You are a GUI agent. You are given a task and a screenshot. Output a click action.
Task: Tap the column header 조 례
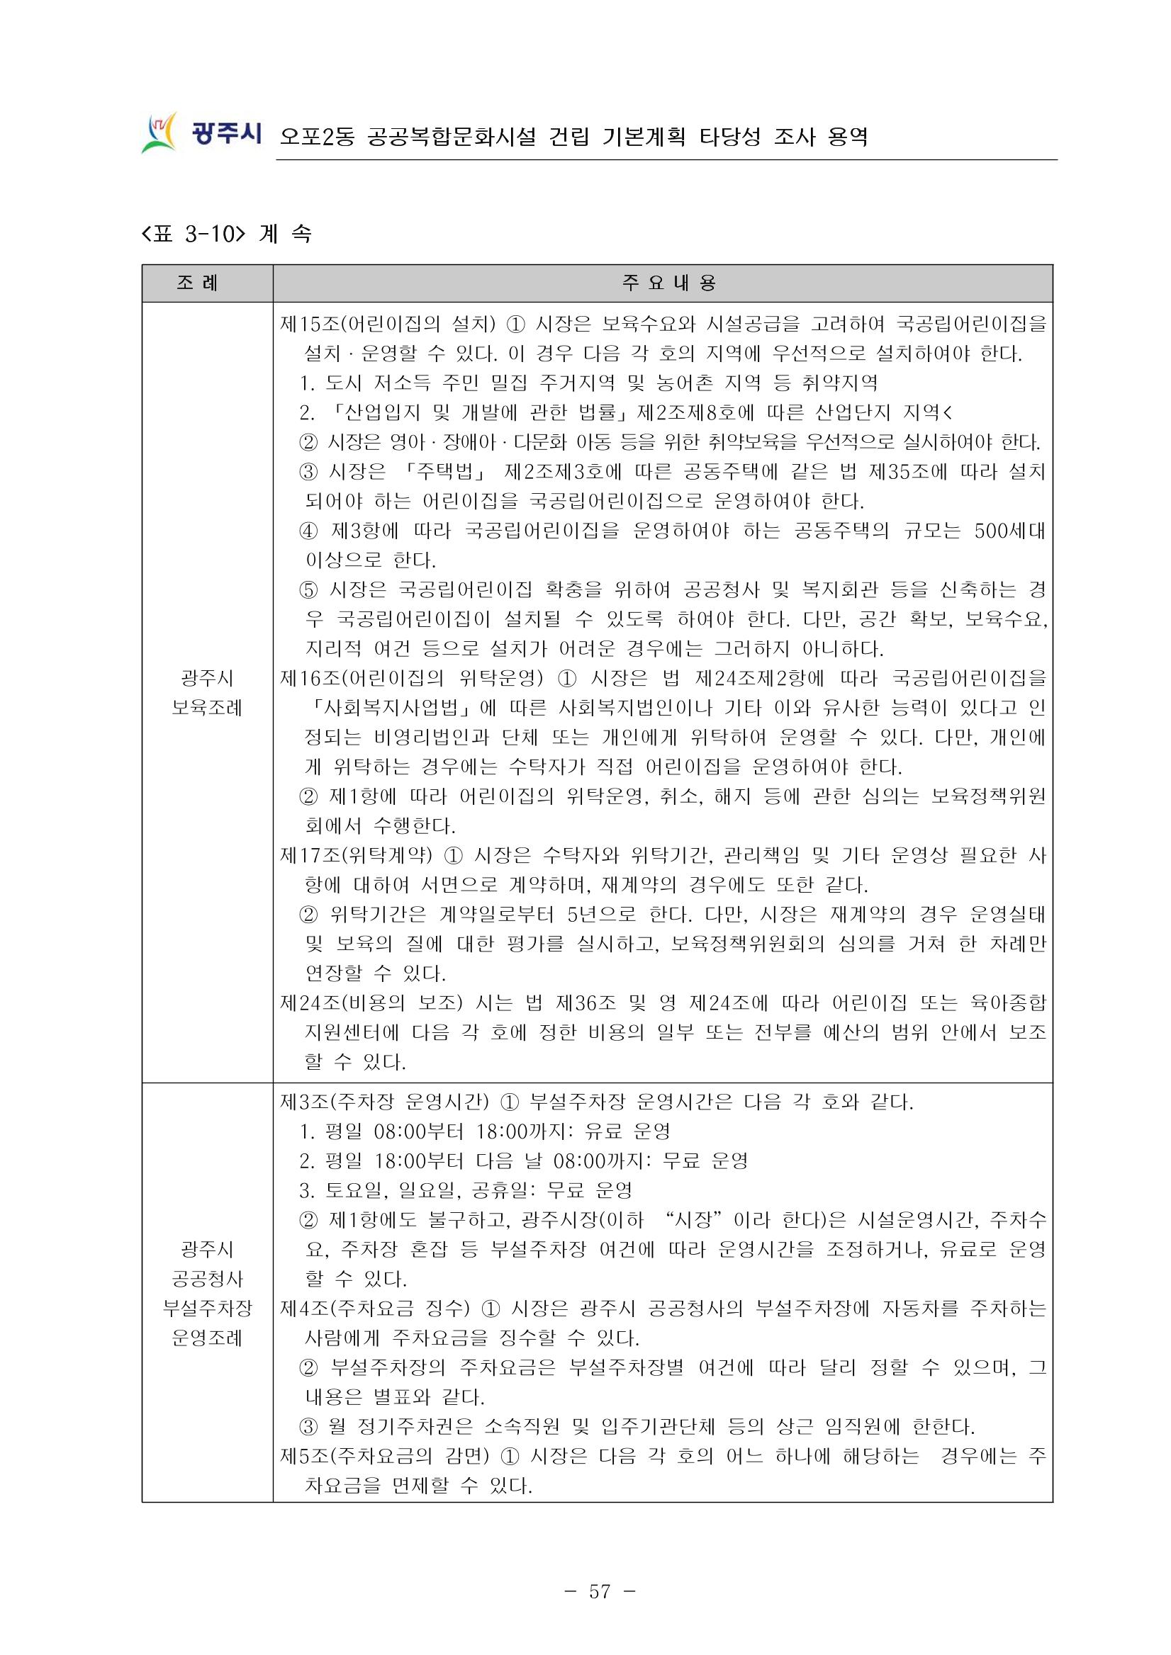197,283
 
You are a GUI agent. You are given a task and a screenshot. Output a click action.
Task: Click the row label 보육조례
207,708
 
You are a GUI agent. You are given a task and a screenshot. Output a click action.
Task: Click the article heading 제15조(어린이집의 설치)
388,324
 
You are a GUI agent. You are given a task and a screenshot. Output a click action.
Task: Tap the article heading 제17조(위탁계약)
357,856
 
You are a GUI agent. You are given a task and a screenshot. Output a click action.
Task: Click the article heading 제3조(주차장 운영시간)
384,1102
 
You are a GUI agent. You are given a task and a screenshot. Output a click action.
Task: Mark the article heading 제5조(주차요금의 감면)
384,1456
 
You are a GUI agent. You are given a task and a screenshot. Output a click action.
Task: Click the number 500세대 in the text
1009,531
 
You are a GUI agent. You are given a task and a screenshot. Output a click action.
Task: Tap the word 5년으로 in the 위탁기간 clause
601,915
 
